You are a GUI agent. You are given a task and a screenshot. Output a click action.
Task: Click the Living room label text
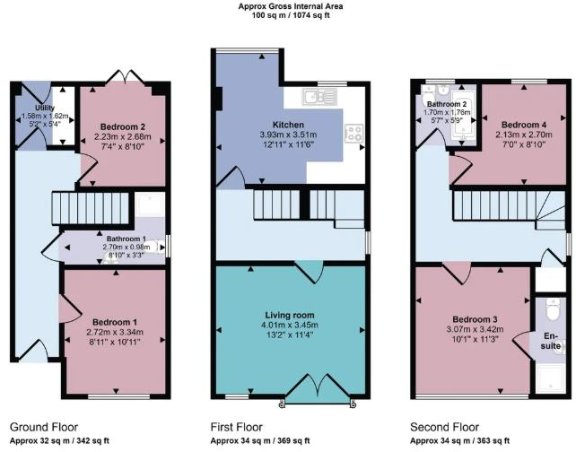[288, 315]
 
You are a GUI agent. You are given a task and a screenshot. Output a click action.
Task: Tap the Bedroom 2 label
[119, 126]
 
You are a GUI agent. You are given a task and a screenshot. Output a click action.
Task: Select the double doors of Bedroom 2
[120, 77]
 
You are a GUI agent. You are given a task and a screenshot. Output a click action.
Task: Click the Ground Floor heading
[44, 427]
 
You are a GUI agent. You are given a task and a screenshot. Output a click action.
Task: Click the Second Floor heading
[445, 427]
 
